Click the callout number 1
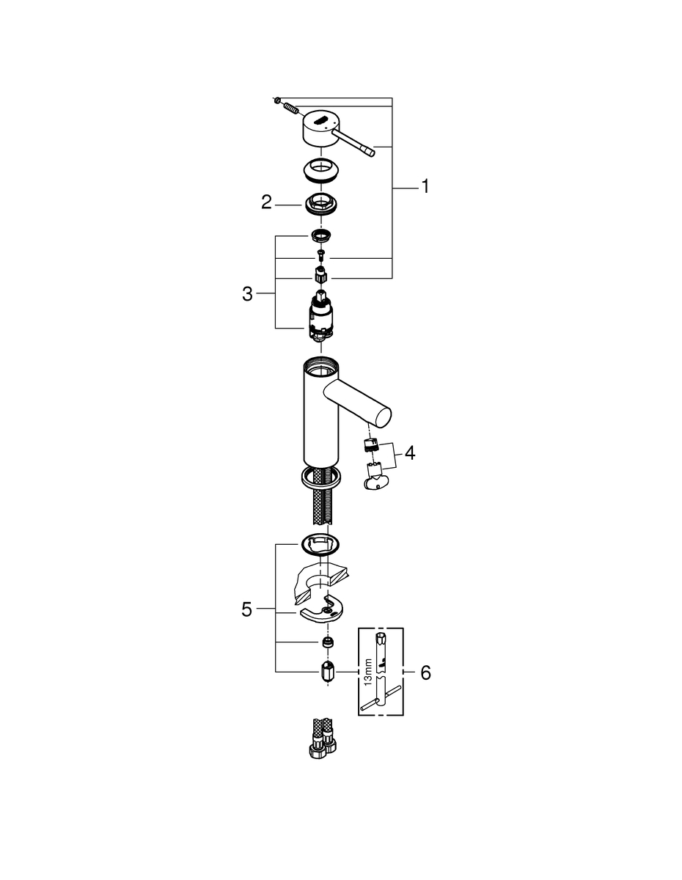pyautogui.click(x=424, y=187)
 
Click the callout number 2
pyautogui.click(x=267, y=202)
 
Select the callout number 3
pyautogui.click(x=247, y=294)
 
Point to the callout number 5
pyautogui.click(x=247, y=609)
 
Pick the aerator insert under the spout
pyautogui.click(x=371, y=445)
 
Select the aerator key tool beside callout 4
pyautogui.click(x=377, y=481)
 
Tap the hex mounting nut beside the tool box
pyautogui.click(x=326, y=671)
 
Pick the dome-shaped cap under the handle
pyautogui.click(x=320, y=170)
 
